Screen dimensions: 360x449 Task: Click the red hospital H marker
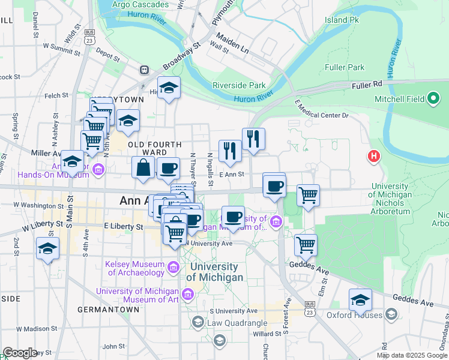click(374, 157)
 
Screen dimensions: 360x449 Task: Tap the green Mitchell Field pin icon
click(434, 99)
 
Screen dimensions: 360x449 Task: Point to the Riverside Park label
click(238, 85)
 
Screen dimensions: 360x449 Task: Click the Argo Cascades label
click(132, 5)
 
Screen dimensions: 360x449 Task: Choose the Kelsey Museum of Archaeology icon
click(173, 266)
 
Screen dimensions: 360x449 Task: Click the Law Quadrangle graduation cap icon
click(197, 323)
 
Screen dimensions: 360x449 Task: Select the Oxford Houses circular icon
click(391, 314)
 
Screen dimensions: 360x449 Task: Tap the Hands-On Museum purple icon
click(98, 170)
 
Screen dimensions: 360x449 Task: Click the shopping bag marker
click(143, 169)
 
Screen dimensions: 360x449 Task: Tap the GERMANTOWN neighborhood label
click(108, 310)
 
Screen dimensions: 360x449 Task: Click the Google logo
click(20, 353)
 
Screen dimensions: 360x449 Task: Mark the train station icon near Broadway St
click(145, 70)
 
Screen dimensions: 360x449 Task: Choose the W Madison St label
click(29, 328)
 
